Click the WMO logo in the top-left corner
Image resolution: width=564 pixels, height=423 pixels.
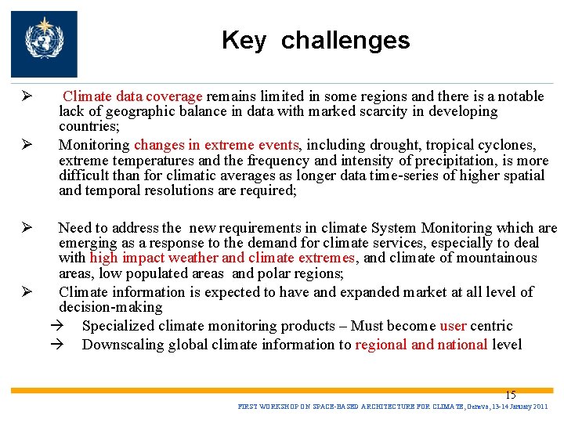tap(44, 44)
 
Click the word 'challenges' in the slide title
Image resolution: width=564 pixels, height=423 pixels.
tap(345, 41)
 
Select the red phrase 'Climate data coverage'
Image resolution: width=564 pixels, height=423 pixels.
tap(132, 96)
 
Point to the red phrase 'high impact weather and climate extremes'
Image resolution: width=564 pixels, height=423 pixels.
tap(222, 258)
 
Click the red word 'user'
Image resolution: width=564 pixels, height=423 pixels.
tap(454, 326)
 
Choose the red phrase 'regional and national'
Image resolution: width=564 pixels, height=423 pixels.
tap(421, 345)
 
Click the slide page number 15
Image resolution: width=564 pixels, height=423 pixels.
tap(510, 396)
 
